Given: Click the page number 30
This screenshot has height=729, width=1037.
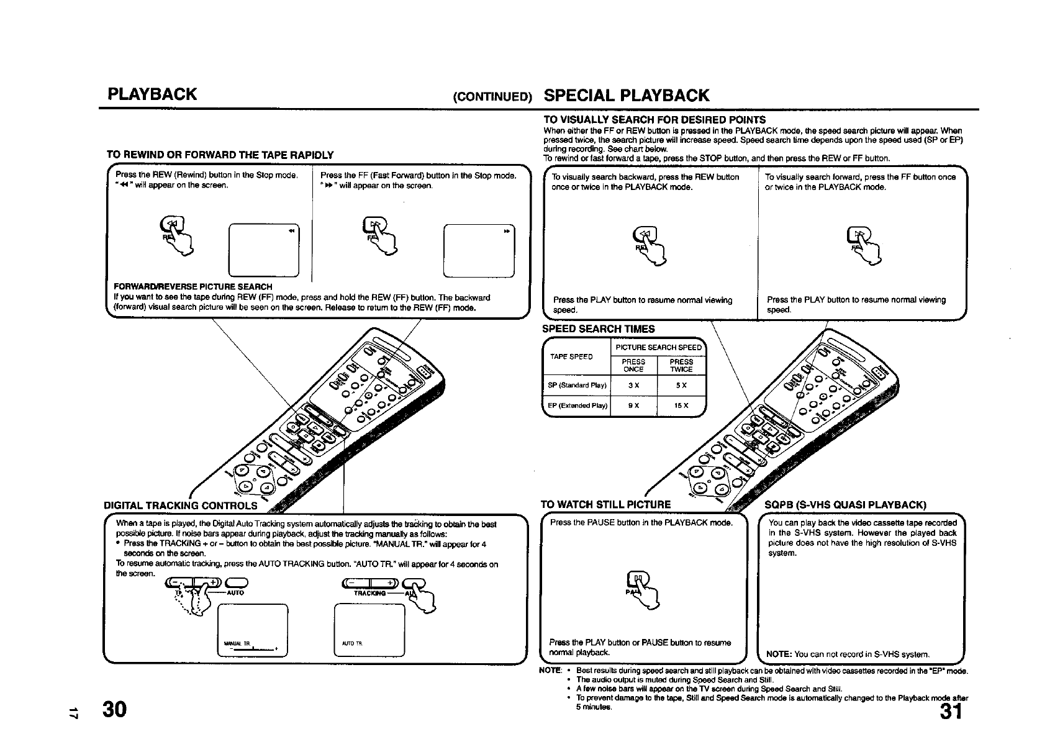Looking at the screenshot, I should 115,709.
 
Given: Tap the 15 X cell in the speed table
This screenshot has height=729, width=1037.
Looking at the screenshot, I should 681,405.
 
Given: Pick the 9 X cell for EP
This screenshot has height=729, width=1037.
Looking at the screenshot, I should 633,405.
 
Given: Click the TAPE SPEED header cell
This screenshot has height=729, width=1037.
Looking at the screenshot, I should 571,357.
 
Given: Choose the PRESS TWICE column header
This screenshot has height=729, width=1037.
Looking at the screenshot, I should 681,365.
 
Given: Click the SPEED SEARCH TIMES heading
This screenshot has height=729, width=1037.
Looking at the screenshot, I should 599,329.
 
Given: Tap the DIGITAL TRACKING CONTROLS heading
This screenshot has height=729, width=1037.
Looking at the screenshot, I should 181,505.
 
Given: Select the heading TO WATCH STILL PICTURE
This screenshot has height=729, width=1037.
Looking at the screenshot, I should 606,504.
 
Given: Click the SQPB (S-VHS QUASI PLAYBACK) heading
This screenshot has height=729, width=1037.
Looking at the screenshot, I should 845,504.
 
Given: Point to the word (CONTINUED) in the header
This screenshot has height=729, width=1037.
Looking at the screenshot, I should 493,97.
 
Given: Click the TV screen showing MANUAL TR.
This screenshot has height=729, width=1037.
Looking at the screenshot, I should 252,630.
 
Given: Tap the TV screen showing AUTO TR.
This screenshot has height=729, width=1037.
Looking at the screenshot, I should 369,630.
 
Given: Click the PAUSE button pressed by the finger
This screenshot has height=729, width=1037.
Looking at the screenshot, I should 638,579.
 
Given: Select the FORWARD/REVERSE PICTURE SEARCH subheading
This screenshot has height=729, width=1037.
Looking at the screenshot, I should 193,287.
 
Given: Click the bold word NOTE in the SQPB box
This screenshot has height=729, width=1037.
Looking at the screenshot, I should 779,654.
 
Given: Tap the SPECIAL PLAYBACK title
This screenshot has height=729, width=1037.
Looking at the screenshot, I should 626,95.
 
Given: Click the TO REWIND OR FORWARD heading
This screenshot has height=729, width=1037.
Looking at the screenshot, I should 220,155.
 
